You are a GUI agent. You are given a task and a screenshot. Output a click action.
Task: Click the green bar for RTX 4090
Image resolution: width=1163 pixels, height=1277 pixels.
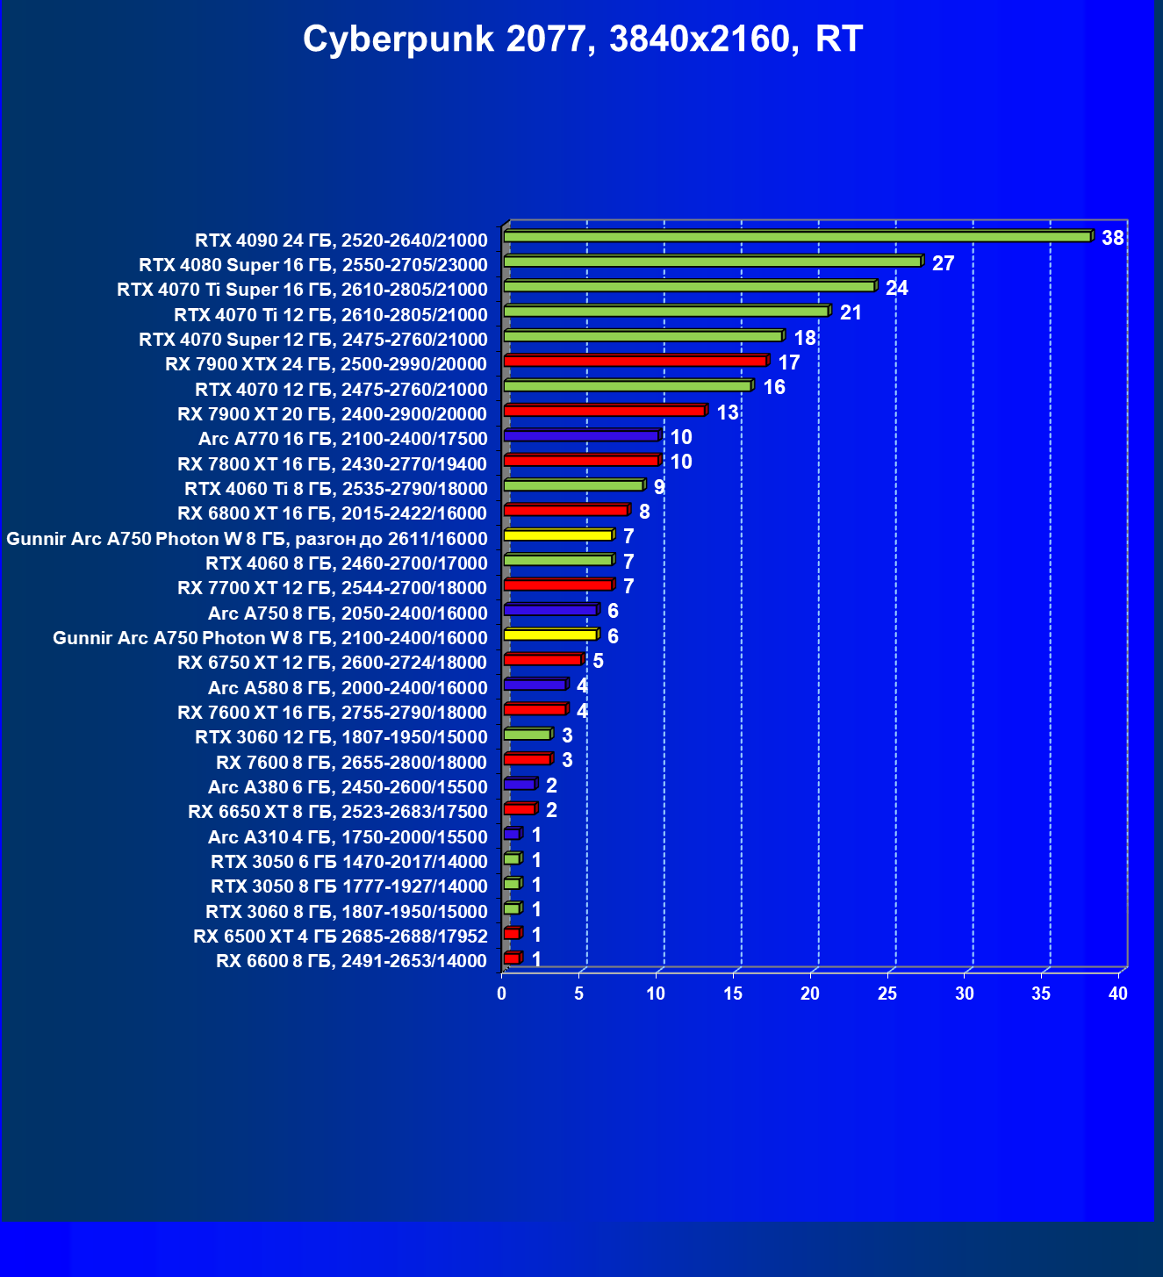pyautogui.click(x=797, y=237)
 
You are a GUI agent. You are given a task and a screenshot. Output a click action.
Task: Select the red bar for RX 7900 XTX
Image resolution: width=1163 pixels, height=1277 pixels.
pyautogui.click(x=635, y=361)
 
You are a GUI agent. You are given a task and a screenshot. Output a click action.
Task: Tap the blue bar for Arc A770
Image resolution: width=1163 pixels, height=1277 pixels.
pyautogui.click(x=581, y=435)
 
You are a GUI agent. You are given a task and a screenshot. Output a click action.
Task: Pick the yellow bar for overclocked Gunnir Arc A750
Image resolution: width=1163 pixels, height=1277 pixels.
pyautogui.click(x=558, y=534)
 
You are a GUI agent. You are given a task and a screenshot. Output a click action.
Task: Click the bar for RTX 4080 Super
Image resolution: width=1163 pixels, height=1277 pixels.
pyautogui.click(x=713, y=262)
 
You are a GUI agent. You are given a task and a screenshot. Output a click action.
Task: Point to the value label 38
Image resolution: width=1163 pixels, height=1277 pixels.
pyautogui.click(x=1112, y=238)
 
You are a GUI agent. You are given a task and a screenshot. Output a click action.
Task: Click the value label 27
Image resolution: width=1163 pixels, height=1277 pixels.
pyautogui.click(x=943, y=263)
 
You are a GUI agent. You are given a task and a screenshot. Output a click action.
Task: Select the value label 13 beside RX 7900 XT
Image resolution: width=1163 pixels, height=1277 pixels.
pyautogui.click(x=727, y=413)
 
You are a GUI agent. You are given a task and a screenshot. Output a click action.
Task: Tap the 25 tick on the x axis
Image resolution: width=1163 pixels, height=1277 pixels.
pyautogui.click(x=887, y=994)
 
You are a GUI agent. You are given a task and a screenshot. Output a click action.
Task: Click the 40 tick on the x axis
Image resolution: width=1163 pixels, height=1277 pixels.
pyautogui.click(x=1118, y=994)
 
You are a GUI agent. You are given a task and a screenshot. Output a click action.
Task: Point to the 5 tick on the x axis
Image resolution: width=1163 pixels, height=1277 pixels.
pyautogui.click(x=579, y=994)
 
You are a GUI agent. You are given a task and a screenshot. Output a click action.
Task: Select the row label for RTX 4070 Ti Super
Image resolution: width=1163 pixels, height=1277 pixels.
pyautogui.click(x=302, y=290)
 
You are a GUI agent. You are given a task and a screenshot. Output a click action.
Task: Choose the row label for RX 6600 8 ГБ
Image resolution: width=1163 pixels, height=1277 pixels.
pyautogui.click(x=351, y=961)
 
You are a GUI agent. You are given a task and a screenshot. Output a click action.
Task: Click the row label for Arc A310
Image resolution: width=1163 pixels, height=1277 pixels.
pyautogui.click(x=348, y=837)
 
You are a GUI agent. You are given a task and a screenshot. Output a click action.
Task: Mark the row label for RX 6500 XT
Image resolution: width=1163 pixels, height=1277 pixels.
pyautogui.click(x=340, y=936)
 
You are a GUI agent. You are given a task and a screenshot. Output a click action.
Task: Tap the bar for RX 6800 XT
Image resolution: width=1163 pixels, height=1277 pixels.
pyautogui.click(x=566, y=510)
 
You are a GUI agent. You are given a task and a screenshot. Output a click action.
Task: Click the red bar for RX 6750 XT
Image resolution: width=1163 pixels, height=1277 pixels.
pyautogui.click(x=543, y=659)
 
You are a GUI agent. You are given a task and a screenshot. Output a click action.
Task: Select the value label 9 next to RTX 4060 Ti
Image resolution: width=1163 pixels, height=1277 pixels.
pyautogui.click(x=659, y=487)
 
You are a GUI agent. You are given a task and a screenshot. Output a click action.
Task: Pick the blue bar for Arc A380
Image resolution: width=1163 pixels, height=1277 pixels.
pyautogui.click(x=520, y=784)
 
